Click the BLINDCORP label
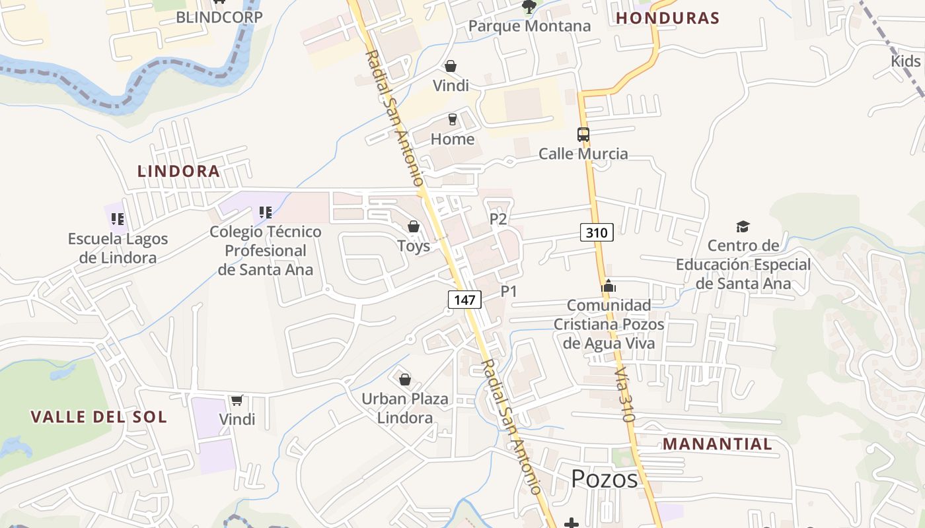coord(219,17)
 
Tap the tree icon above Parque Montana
coord(529,7)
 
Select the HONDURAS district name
coord(667,18)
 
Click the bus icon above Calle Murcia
coord(583,135)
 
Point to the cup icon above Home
coord(452,119)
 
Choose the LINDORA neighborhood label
coord(178,172)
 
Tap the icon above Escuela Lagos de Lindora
coord(118,218)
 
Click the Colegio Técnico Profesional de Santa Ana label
coord(266,251)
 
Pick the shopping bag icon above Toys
coord(414,227)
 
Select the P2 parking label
coord(498,219)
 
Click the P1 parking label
coord(509,291)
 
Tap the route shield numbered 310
coord(597,232)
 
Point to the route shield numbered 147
coord(464,300)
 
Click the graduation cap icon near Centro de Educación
coord(743,226)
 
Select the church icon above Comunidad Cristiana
coord(608,286)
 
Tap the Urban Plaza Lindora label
coord(405,408)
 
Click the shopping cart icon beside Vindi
coord(237,400)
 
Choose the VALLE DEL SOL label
coord(98,417)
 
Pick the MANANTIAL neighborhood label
coord(718,444)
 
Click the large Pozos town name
coord(605,479)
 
